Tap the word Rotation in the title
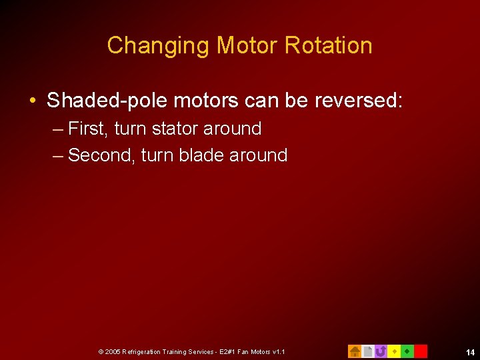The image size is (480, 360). pos(328,46)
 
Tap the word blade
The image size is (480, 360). pos(202,155)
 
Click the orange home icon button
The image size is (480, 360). pos(355,351)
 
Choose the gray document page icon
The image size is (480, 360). pos(367,351)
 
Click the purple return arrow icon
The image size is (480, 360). pos(381,351)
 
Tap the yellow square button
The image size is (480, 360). pos(394,351)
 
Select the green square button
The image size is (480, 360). pos(407,351)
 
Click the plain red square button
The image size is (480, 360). pos(421,351)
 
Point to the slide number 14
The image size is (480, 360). pos(470,353)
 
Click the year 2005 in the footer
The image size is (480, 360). pos(113,352)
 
